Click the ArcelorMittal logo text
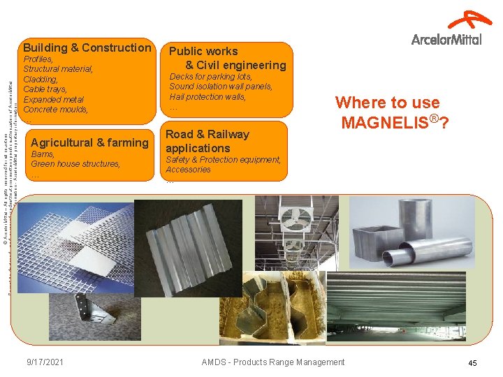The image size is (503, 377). click(x=446, y=39)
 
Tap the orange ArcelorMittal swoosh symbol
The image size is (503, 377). click(x=469, y=20)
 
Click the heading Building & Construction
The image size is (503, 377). click(x=87, y=47)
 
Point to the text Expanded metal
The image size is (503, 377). click(x=53, y=100)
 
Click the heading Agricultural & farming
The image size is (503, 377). click(x=90, y=142)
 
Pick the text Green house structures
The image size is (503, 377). click(x=75, y=164)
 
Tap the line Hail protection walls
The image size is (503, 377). click(x=207, y=97)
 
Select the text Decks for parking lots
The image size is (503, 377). click(x=210, y=76)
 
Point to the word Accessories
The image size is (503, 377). click(x=188, y=170)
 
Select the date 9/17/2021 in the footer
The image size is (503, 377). click(x=45, y=362)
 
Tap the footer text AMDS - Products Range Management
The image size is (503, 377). click(x=272, y=362)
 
